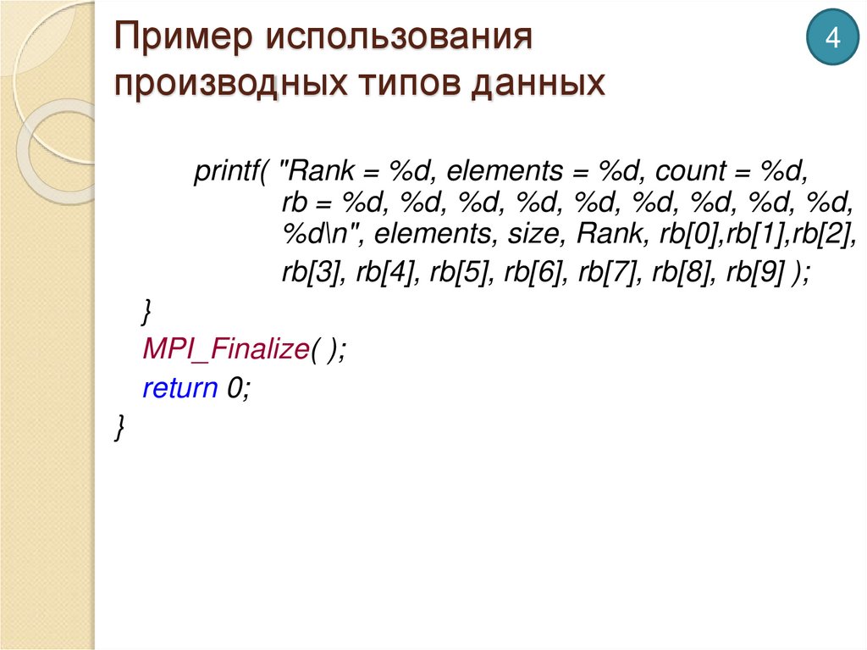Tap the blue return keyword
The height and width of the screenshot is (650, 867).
(x=180, y=388)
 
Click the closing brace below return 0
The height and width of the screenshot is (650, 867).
(x=119, y=426)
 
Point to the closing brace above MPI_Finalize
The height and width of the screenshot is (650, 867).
(x=146, y=311)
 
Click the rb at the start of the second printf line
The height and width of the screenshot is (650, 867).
(x=295, y=204)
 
